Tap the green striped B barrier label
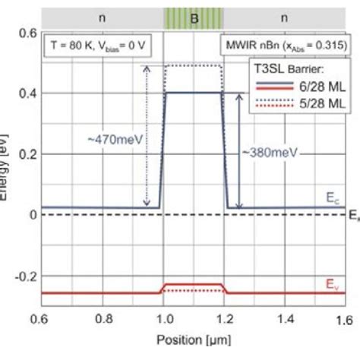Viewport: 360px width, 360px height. pos(193,17)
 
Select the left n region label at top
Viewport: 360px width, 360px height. pos(101,17)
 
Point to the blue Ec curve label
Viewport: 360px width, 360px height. pos(334,199)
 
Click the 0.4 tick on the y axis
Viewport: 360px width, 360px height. pos(26,93)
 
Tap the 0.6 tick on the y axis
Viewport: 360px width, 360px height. pos(26,33)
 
